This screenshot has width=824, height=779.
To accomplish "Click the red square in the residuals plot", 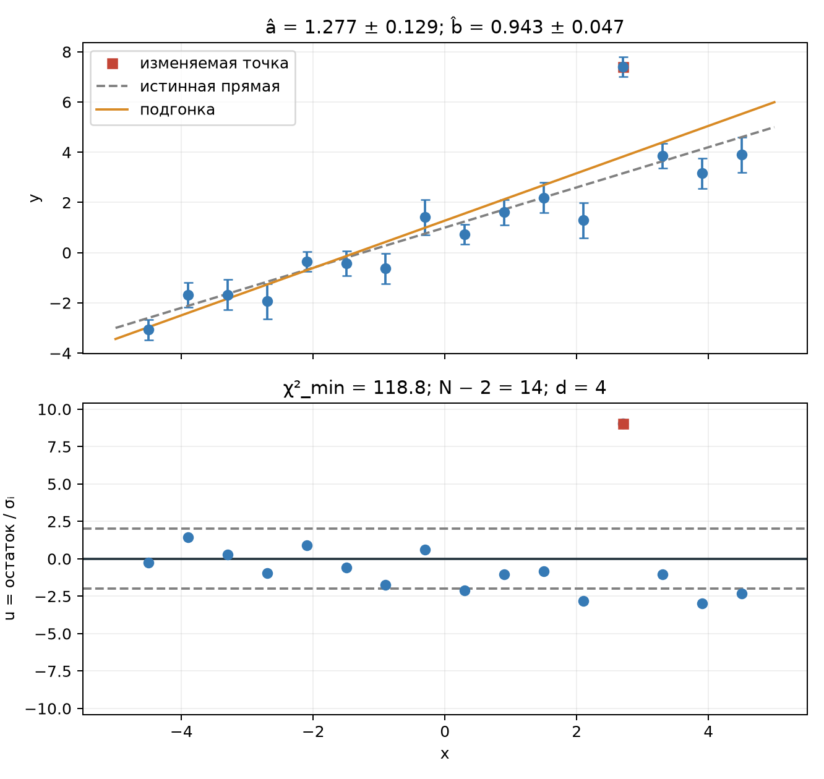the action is (623, 424).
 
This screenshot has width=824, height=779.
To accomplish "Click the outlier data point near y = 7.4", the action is (623, 67).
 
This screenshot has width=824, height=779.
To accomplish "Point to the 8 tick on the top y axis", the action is (67, 53).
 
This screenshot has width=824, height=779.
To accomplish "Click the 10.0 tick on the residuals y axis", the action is (54, 409).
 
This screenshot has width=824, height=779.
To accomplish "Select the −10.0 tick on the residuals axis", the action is (49, 709).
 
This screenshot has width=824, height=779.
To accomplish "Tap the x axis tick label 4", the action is (708, 731).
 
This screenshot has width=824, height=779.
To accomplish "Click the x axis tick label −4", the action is (181, 731).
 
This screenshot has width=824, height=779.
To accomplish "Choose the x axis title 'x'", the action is (445, 754).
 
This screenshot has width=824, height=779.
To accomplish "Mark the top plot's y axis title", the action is (35, 198).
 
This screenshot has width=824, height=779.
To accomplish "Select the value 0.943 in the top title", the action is (517, 27).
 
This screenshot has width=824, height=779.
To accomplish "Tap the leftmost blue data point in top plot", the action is (149, 330).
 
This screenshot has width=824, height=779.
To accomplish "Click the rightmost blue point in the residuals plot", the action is (742, 594).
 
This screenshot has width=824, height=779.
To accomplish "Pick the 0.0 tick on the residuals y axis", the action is (59, 559).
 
